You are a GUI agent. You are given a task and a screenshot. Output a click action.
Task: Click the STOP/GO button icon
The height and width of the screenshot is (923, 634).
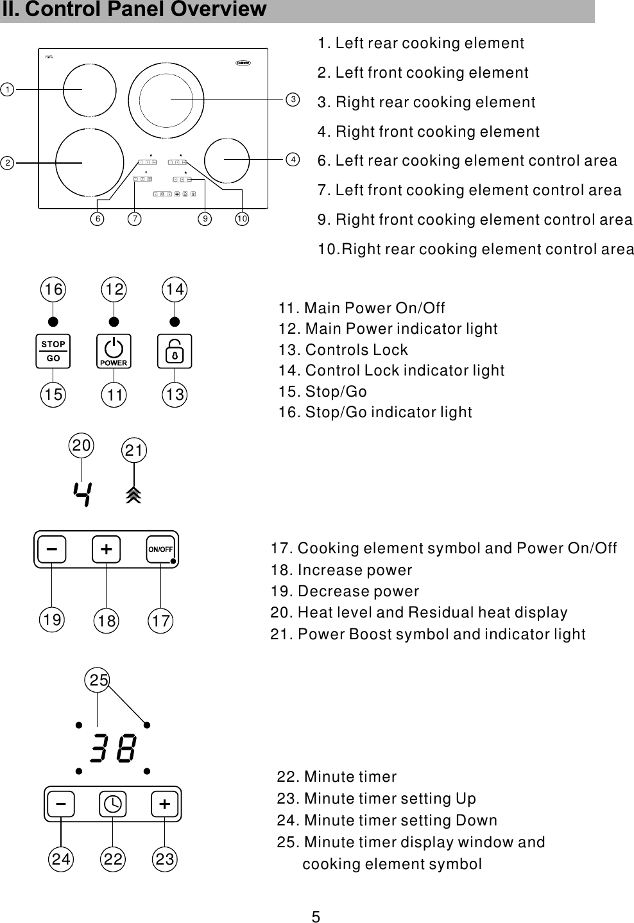click(53, 351)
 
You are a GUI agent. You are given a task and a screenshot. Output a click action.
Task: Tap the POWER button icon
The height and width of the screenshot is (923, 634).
click(114, 351)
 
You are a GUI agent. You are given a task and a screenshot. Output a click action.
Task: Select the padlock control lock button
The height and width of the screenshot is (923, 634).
click(174, 351)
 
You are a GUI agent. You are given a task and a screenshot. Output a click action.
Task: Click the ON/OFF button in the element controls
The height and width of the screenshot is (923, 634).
click(160, 549)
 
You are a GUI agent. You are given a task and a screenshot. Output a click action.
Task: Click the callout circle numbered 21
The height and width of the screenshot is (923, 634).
click(133, 451)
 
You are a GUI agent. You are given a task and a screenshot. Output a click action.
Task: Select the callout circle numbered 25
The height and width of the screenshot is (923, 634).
click(98, 680)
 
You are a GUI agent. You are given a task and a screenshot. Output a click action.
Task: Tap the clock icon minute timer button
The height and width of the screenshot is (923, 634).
click(112, 804)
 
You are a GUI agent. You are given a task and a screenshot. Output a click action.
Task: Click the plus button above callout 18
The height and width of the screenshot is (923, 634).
click(106, 549)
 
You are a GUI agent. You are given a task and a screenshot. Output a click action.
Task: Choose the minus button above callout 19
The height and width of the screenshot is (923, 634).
click(52, 549)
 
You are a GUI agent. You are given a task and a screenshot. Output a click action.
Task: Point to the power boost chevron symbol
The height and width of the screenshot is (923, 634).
click(133, 495)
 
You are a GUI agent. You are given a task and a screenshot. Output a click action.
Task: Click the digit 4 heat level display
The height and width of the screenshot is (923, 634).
click(82, 494)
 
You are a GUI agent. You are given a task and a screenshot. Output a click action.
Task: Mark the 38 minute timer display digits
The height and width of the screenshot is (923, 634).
click(113, 748)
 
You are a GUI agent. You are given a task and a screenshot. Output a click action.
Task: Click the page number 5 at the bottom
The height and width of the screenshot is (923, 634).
click(316, 917)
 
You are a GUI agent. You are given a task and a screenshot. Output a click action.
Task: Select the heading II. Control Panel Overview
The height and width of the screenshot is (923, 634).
click(134, 10)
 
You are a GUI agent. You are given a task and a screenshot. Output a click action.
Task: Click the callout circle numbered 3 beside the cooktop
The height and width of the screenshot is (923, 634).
click(293, 99)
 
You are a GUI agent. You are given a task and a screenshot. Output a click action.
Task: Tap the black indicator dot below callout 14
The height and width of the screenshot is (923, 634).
click(174, 321)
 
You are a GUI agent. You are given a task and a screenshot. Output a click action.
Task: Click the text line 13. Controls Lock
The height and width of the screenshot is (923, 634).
click(343, 350)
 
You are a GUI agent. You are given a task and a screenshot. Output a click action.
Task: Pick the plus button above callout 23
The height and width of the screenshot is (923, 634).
click(165, 804)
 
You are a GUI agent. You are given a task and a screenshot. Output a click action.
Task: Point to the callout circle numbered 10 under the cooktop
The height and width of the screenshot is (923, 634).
click(242, 219)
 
